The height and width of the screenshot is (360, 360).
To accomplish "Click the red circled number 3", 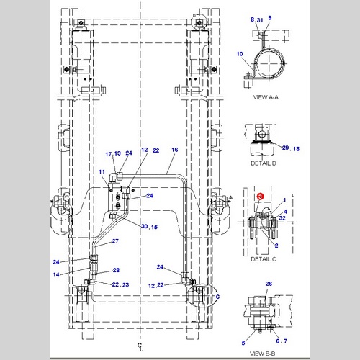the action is point(260,197).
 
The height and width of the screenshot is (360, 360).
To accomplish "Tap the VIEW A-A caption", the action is point(266,97).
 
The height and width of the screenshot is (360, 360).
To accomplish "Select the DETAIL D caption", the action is point(264,163).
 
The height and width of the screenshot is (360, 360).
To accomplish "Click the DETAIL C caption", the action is point(264,259).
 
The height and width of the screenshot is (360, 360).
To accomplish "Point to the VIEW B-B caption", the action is point(263,354).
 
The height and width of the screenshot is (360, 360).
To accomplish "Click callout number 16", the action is point(175,150).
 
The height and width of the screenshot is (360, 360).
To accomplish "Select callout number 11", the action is point(102,172).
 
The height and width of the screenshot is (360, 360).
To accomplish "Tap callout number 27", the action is point(115,241).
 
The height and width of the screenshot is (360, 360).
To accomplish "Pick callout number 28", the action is point(116,270).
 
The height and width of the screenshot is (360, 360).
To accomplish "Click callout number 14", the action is point(56,274).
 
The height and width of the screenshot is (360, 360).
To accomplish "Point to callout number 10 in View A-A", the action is point(240,54).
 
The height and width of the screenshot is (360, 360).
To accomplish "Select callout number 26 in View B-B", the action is point(269,284).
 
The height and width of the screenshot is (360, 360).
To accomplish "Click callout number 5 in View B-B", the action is point(243,343).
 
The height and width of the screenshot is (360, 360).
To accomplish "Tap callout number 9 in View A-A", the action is point(270,18).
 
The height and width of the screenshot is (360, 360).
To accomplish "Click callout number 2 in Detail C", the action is point(276,246).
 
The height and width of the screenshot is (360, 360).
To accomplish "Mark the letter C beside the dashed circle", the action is point(217,297).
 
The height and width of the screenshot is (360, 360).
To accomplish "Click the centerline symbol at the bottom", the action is point(140,347).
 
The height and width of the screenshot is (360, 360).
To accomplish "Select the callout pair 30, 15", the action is point(149,227).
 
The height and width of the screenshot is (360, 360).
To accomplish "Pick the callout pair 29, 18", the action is point(291,148).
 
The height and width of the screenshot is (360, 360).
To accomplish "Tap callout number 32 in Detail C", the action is point(282,218).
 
